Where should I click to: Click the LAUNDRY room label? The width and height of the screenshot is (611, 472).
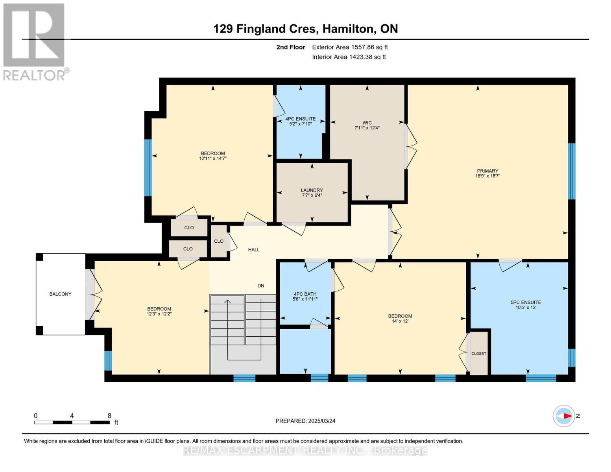click(312, 190)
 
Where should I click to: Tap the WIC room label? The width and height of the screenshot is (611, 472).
click(367, 123)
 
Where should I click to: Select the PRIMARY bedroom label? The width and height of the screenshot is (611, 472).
click(487, 171)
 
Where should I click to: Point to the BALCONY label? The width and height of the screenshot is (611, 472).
click(60, 294)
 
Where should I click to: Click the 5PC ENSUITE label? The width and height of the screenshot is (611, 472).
click(526, 302)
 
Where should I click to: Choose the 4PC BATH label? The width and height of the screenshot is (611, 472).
click(305, 294)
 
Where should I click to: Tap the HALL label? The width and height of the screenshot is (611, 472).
click(254, 250)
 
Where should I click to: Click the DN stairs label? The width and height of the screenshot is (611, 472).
click(261, 286)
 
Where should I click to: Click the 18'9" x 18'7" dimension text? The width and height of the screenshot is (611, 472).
click(487, 176)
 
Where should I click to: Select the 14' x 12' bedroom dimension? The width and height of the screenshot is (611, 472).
click(400, 321)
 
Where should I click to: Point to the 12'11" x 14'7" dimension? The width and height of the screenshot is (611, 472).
click(212, 158)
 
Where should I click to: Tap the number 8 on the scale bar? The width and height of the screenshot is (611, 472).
click(109, 415)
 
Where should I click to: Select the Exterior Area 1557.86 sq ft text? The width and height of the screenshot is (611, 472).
click(350, 47)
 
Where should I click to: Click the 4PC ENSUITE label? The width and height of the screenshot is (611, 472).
click(300, 119)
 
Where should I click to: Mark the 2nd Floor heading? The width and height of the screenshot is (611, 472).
click(291, 47)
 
